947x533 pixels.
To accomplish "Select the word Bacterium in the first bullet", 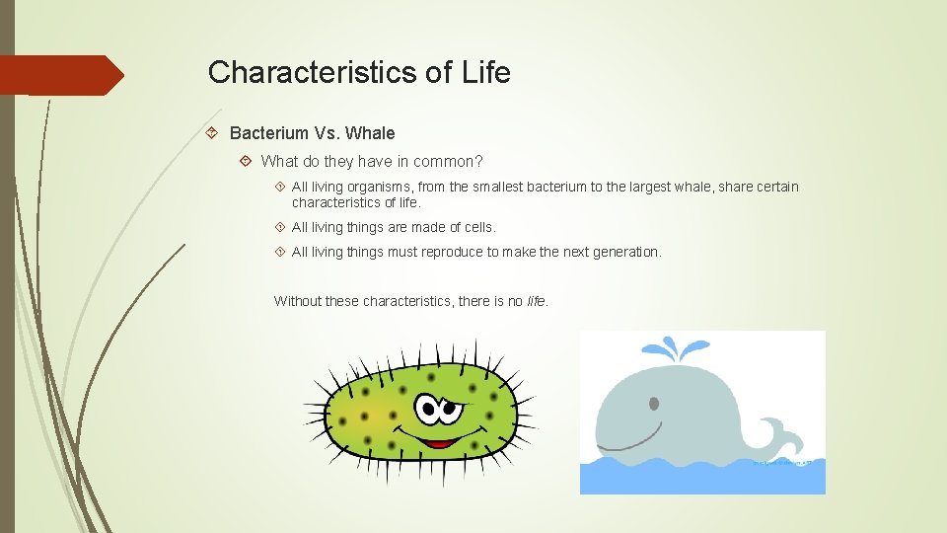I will click(268, 133).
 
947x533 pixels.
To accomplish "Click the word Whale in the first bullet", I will click(370, 133).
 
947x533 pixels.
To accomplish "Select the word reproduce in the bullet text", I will click(452, 252).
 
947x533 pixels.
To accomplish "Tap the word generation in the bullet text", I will click(624, 252).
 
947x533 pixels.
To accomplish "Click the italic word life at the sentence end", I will click(536, 301).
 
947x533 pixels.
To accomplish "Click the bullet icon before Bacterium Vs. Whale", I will click(211, 133).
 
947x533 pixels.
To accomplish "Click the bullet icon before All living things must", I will click(280, 252).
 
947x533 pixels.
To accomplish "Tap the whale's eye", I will click(653, 403).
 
